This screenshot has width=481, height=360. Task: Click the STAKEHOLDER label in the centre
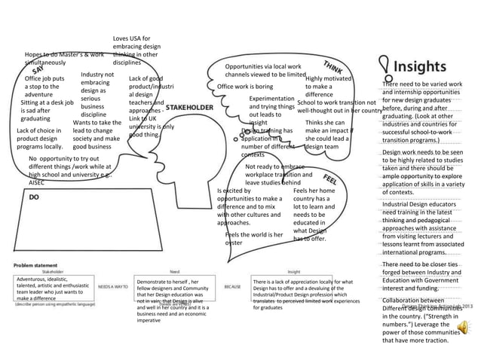click(x=189, y=108)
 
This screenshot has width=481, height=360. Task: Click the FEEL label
click(x=330, y=179)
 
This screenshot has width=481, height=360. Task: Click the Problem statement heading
click(x=33, y=265)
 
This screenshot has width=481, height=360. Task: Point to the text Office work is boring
click(x=245, y=87)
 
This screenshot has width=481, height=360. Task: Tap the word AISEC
click(x=37, y=182)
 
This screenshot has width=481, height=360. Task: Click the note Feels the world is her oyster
click(x=253, y=239)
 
